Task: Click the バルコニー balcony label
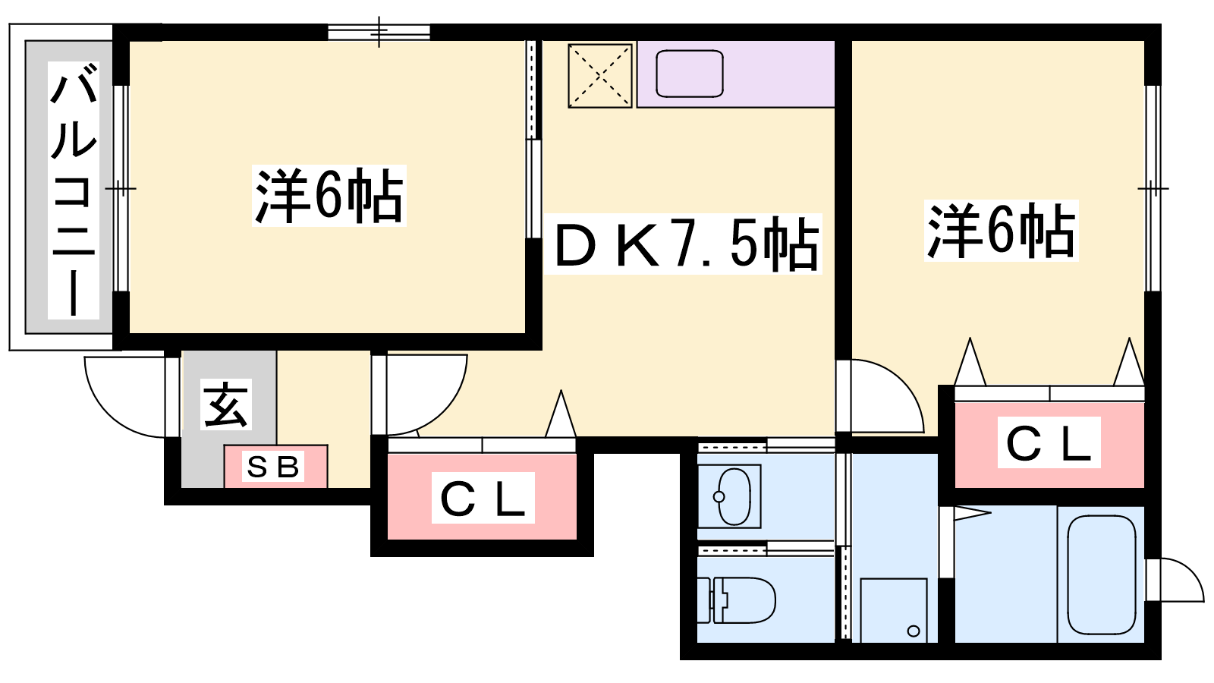tap(74, 190)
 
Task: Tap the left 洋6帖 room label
tap(329, 196)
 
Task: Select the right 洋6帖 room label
tap(1001, 231)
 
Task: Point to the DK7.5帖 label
tap(683, 244)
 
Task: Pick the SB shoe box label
tap(274, 467)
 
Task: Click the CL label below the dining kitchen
tap(483, 498)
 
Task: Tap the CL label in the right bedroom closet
tap(1049, 443)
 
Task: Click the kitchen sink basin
tap(689, 74)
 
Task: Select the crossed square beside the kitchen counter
tap(599, 75)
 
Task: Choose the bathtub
tap(1101, 574)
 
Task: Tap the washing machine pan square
tap(894, 610)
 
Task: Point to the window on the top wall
tap(379, 32)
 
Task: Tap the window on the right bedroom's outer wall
tap(1153, 188)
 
